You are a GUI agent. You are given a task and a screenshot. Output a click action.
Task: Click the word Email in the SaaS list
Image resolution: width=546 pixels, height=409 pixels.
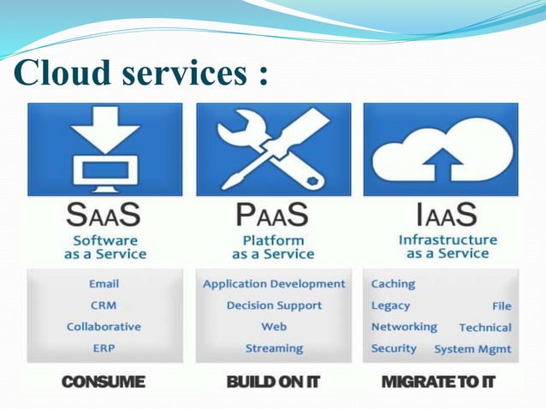click(x=104, y=283)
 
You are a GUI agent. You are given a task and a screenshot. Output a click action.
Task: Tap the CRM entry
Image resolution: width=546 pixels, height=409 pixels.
click(x=104, y=305)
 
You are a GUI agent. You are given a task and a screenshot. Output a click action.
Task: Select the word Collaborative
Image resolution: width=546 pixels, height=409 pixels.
click(x=104, y=327)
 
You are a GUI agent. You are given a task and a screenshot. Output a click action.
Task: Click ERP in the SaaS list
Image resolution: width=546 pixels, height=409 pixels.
click(x=104, y=348)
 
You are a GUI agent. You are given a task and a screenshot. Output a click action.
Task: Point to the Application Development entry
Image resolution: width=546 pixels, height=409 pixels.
click(x=274, y=284)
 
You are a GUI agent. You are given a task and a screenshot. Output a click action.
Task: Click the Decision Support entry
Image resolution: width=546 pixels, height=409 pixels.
click(x=274, y=305)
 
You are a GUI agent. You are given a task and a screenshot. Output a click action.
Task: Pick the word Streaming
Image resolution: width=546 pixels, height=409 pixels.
click(x=274, y=348)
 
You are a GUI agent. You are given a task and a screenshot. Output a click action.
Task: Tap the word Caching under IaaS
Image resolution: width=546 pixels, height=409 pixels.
click(x=393, y=283)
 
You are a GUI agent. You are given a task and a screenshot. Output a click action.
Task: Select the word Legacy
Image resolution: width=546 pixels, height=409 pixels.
click(x=390, y=305)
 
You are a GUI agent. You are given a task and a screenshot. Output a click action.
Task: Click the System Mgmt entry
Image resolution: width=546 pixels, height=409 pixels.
click(x=472, y=349)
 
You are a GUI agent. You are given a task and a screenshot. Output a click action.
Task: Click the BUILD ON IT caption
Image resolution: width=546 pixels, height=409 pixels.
click(x=273, y=382)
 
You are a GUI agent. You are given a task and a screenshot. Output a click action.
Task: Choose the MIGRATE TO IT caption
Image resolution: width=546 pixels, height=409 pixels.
click(x=438, y=382)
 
